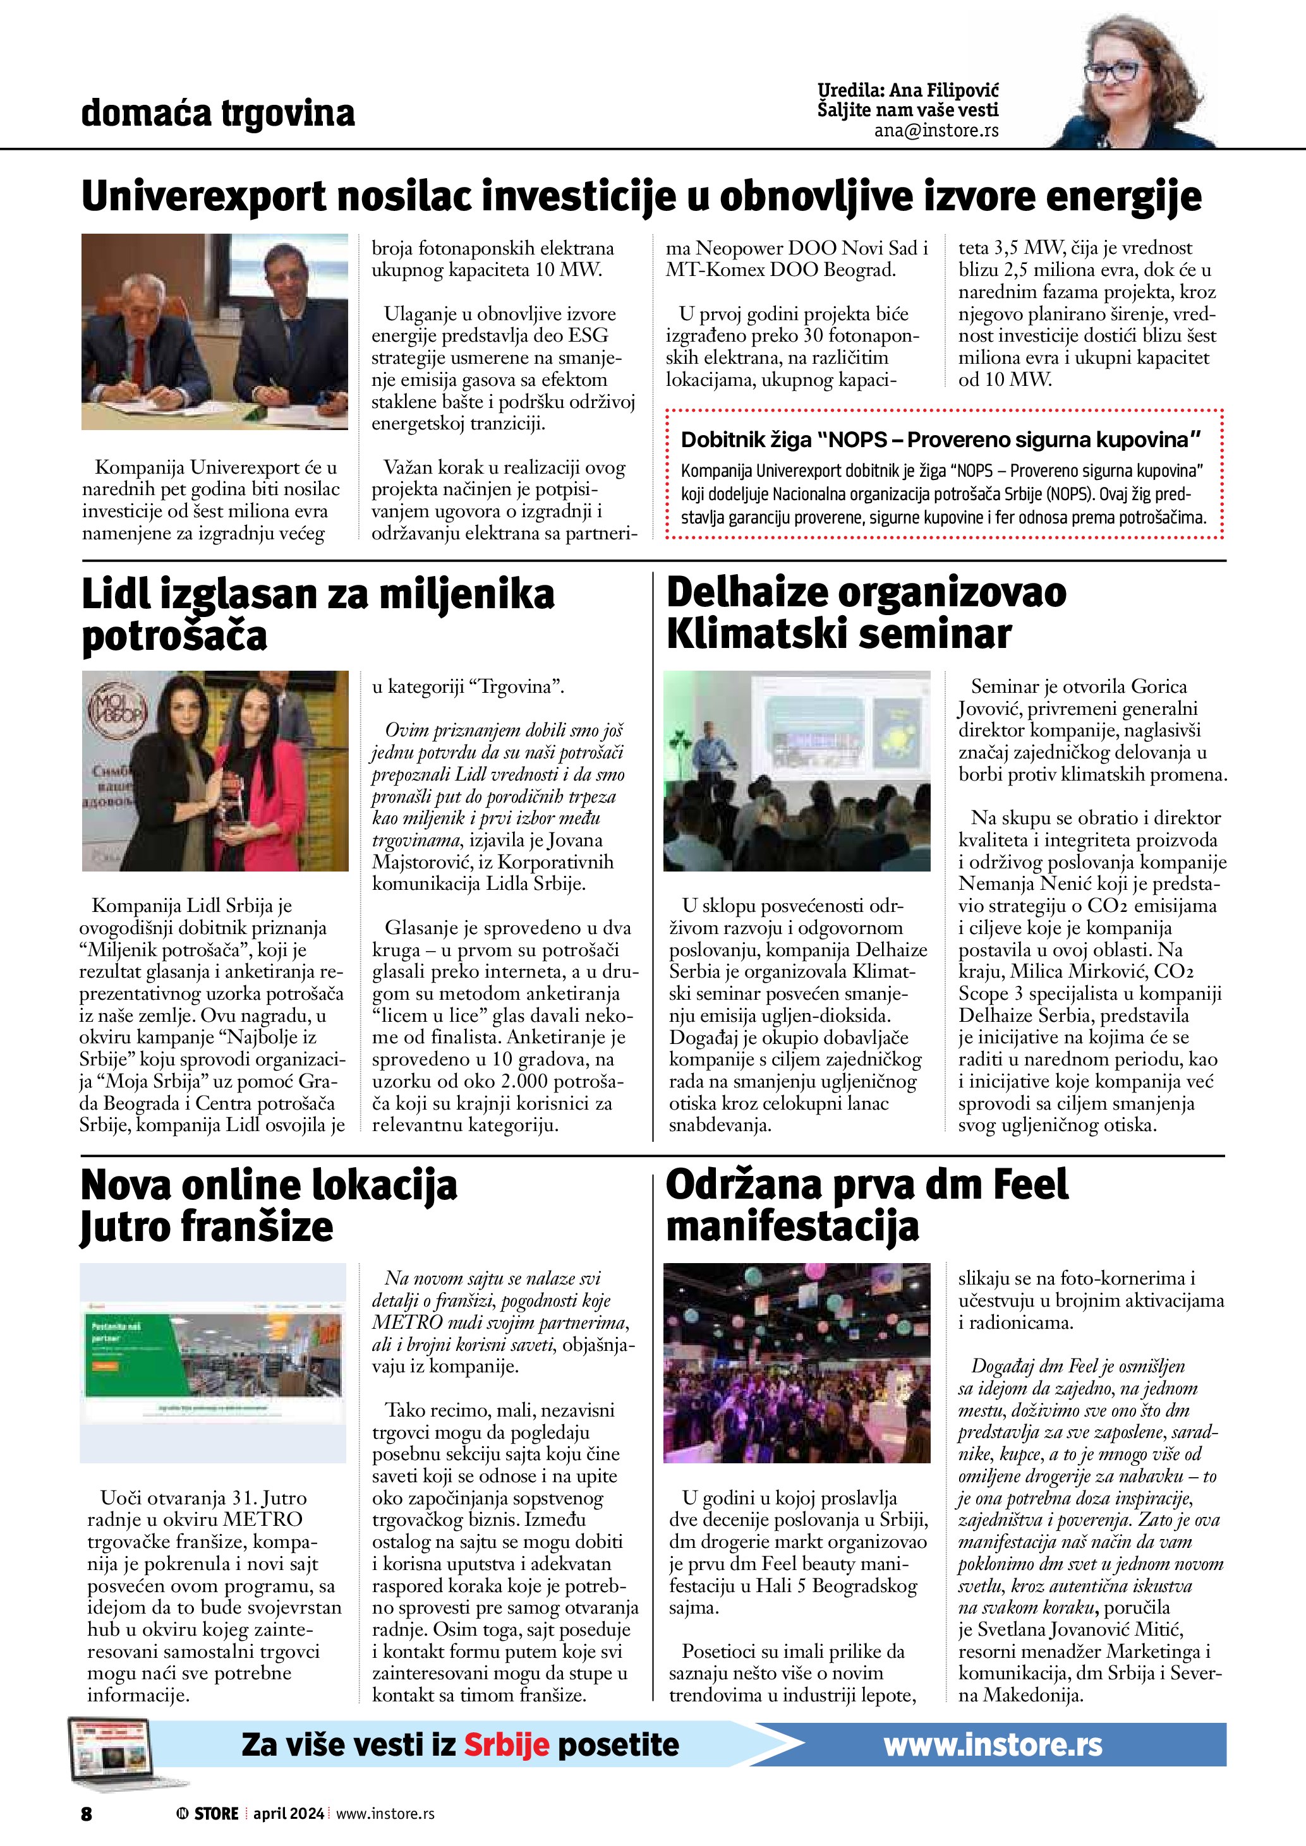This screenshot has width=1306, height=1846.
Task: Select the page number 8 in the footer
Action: coord(86,1813)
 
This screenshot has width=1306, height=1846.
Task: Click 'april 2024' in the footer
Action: coord(288,1813)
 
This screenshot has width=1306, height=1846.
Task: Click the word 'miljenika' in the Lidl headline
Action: coord(466,596)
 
